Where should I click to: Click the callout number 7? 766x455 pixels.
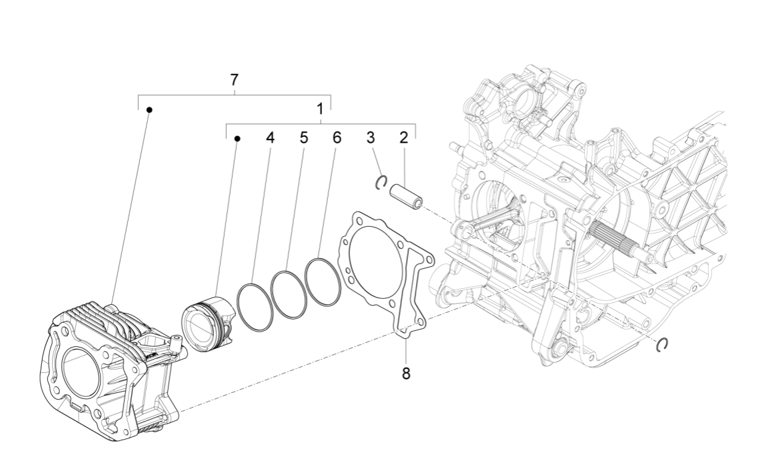point(234,80)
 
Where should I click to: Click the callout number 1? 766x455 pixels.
point(320,108)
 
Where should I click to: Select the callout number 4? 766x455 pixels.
point(270,138)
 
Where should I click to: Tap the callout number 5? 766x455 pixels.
point(303,138)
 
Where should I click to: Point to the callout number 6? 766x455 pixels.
point(337,138)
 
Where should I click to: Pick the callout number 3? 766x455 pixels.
point(371,138)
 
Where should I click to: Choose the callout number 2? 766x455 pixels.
point(403,138)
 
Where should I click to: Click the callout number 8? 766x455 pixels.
point(406,373)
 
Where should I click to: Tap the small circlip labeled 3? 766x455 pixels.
point(381,183)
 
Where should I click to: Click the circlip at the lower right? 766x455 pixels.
point(662,344)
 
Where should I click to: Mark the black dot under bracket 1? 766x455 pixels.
point(237,138)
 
